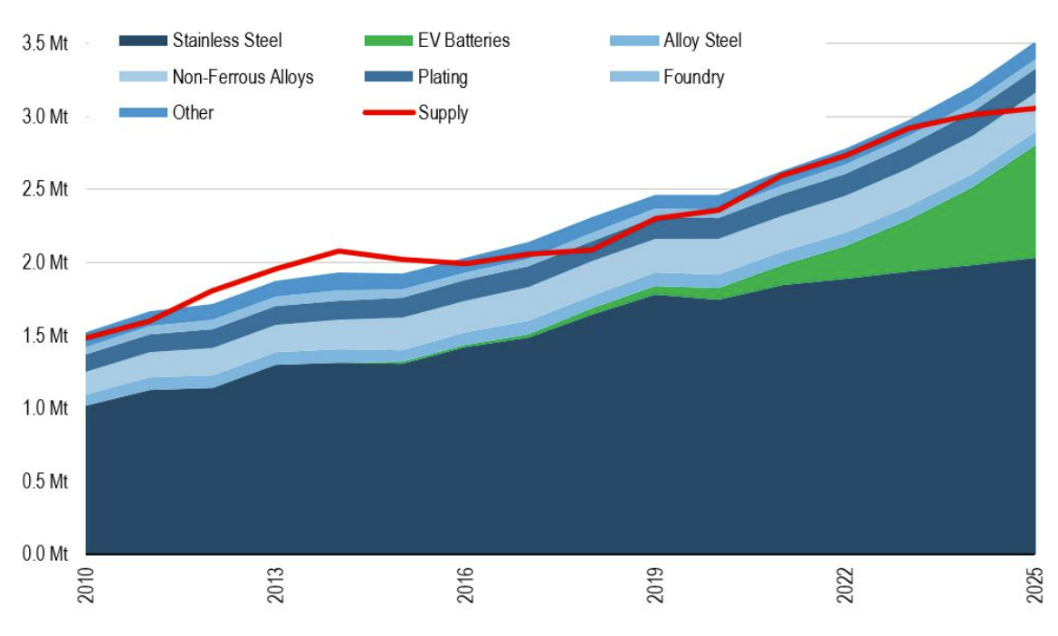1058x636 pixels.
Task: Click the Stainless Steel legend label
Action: point(226,41)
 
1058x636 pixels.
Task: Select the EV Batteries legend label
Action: point(463,41)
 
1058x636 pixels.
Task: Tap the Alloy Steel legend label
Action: point(702,41)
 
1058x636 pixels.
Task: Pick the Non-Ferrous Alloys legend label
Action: point(243,77)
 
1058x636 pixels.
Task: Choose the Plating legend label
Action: point(443,77)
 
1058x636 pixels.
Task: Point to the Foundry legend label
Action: point(693,77)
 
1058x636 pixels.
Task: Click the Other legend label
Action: point(192,113)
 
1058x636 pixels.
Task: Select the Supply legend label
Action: point(443,113)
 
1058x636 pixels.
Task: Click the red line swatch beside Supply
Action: point(388,113)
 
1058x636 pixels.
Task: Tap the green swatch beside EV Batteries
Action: point(388,41)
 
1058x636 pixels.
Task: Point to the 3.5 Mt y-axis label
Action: point(45,43)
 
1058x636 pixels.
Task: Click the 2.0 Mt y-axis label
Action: point(45,262)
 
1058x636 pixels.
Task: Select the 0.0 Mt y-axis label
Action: point(45,554)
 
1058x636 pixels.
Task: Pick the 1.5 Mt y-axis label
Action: point(45,336)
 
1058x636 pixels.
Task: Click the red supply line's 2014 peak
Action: point(339,251)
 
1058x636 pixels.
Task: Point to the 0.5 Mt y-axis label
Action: point(45,481)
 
